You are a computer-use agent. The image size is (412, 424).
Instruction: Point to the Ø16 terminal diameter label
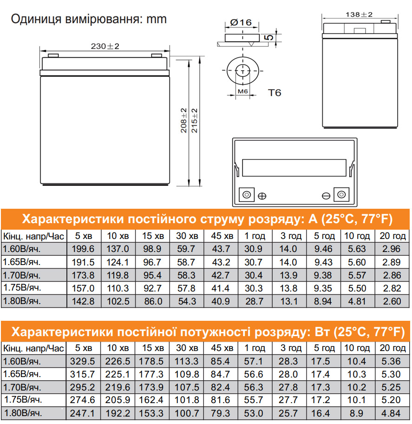click(x=241, y=22)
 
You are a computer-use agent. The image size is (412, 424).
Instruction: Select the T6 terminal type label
click(x=275, y=93)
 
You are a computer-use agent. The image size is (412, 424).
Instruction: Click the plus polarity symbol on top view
click(x=262, y=196)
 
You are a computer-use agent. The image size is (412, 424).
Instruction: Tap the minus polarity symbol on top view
click(x=326, y=196)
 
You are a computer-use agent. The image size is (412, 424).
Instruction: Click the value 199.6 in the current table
click(x=84, y=249)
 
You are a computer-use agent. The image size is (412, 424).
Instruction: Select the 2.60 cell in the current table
click(x=391, y=301)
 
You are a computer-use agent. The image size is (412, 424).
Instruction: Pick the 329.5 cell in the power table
click(x=84, y=361)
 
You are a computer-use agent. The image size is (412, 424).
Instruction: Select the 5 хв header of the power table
click(x=84, y=348)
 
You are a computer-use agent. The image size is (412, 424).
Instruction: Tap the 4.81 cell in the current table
click(x=357, y=301)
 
